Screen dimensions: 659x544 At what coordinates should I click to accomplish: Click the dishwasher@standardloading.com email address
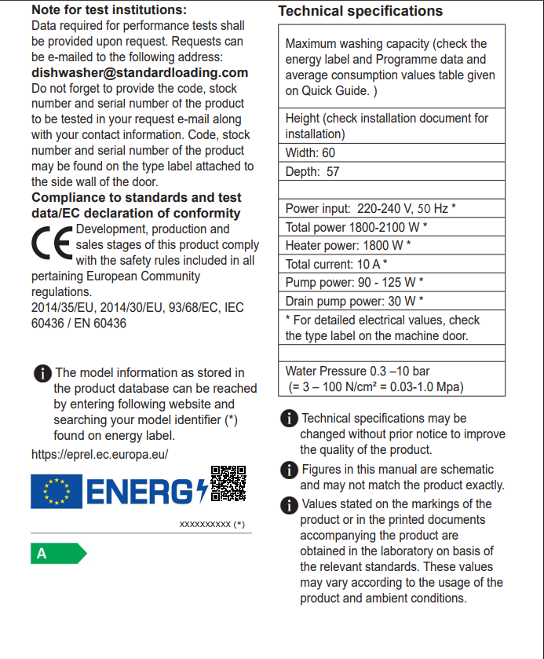(x=140, y=73)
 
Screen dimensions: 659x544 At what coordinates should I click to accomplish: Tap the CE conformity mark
(x=52, y=245)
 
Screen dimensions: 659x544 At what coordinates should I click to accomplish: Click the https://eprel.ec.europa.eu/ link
(x=100, y=454)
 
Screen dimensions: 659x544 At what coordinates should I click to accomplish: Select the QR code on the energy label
(x=228, y=483)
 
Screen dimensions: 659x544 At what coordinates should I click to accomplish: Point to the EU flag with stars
(x=56, y=492)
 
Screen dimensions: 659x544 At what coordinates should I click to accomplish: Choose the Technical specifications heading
(x=360, y=11)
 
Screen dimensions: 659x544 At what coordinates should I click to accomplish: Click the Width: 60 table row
(x=392, y=153)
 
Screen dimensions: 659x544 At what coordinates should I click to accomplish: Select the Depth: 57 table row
(x=392, y=171)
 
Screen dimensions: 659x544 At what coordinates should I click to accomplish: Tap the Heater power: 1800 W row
(x=392, y=246)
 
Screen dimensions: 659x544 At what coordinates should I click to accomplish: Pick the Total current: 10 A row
(x=392, y=264)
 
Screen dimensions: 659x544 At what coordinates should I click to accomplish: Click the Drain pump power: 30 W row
(x=392, y=301)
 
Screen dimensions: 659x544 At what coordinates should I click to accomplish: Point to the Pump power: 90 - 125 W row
(x=392, y=283)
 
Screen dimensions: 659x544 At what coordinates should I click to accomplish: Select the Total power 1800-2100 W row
(x=392, y=227)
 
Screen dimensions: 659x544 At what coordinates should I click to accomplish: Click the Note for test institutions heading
(x=109, y=10)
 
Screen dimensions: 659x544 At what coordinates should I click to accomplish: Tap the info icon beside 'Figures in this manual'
(x=289, y=470)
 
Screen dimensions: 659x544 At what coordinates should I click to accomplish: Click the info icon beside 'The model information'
(x=42, y=373)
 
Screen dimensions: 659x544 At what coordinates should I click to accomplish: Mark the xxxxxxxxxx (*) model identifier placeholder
(x=212, y=524)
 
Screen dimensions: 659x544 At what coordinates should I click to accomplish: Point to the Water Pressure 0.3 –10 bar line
(x=358, y=371)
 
